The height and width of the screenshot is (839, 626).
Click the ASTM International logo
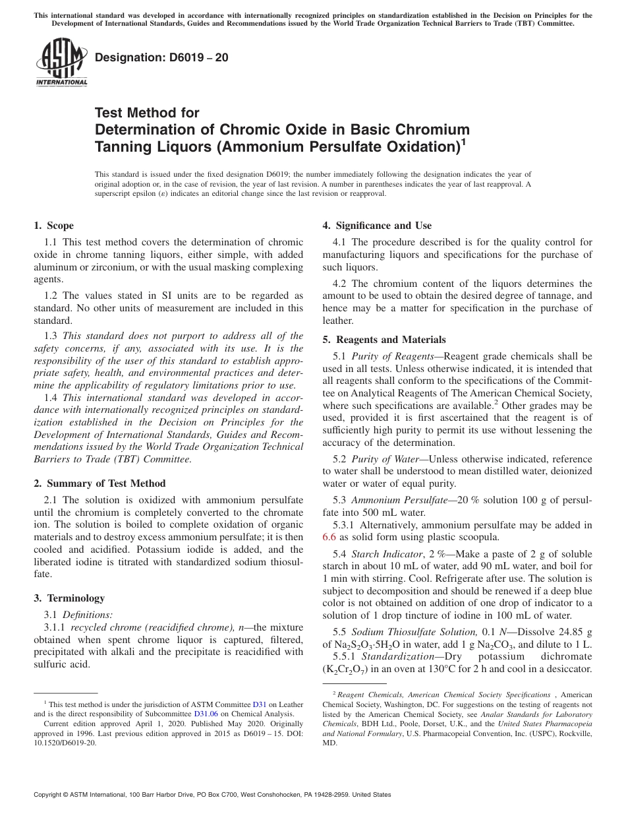click(61, 62)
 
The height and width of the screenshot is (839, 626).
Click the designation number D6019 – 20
click(162, 57)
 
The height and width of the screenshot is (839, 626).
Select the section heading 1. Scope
click(53, 226)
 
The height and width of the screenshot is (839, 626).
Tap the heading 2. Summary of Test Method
click(100, 483)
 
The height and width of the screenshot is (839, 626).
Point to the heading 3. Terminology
click(69, 598)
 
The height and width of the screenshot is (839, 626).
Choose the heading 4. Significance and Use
click(377, 226)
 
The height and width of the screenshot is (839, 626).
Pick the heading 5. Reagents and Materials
click(384, 340)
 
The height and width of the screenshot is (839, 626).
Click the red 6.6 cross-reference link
click(329, 538)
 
